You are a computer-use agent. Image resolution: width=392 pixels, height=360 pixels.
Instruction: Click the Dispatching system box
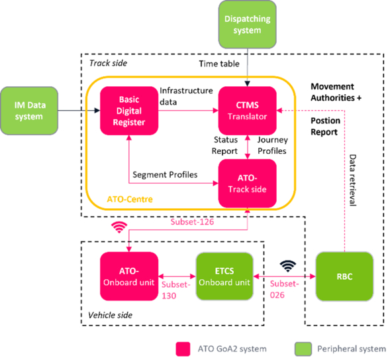247,25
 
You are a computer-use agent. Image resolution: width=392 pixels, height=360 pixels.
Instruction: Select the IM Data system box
29,111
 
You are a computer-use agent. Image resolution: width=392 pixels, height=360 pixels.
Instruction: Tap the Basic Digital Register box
129,111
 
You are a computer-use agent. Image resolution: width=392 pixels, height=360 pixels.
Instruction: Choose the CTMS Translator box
247,111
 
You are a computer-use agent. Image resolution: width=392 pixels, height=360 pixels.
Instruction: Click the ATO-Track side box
247,184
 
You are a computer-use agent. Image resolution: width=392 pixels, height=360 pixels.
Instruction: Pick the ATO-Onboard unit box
129,276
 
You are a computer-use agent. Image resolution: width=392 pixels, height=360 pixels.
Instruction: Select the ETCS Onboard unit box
224,276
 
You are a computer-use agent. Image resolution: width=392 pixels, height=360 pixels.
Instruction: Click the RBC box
344,276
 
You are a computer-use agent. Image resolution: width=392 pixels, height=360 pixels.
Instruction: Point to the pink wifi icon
119,227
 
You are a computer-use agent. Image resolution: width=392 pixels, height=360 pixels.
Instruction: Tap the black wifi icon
288,266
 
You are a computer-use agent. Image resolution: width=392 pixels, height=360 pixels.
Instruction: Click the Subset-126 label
192,222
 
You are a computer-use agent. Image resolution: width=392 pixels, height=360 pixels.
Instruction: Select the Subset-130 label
175,290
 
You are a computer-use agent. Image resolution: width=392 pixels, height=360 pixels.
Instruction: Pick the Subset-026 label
284,290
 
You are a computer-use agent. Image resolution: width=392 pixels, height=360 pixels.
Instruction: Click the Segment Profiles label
165,174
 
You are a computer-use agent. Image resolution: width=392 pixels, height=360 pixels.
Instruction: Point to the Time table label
219,64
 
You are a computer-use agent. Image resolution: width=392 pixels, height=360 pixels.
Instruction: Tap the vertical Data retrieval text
352,180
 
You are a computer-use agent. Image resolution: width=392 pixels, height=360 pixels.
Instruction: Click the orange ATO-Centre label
130,200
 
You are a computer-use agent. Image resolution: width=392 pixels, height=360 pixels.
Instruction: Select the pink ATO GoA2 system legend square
183,349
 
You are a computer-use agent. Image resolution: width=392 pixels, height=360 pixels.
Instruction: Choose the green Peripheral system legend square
303,349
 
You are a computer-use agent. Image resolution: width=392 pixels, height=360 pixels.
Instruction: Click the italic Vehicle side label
110,315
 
